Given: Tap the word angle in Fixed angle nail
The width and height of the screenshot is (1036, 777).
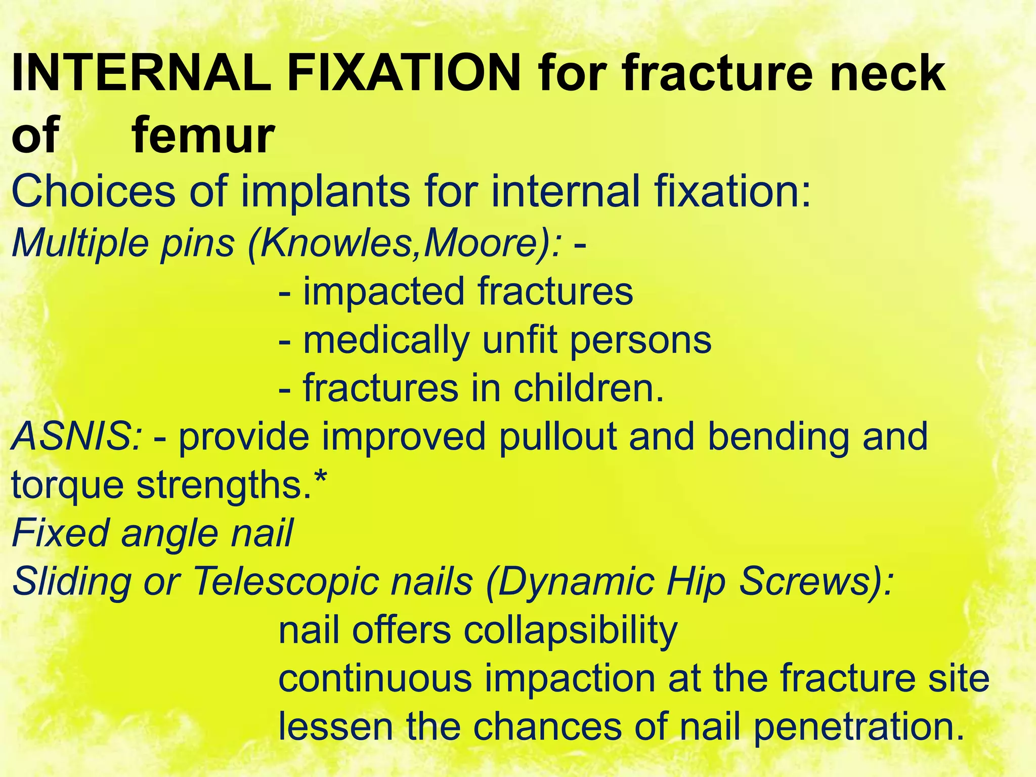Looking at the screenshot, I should (x=170, y=533).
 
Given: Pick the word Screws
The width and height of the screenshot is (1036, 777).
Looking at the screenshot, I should (x=814, y=582).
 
